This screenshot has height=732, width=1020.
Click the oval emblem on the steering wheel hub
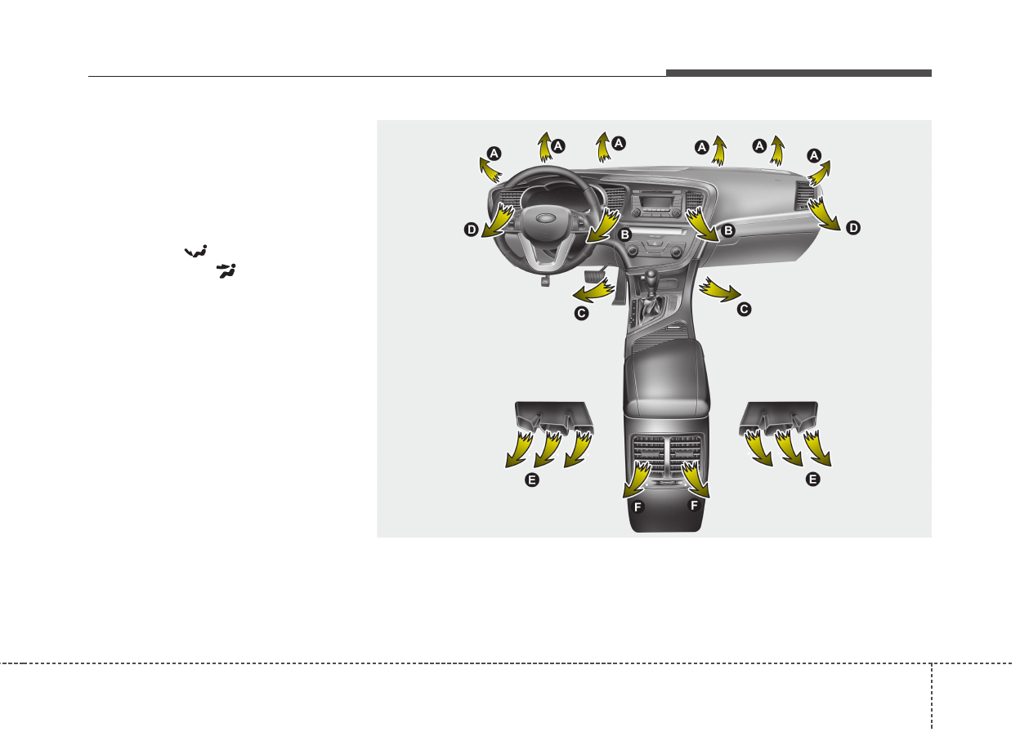(544, 218)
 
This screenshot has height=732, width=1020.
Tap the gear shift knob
(651, 276)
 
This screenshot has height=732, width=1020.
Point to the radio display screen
(652, 201)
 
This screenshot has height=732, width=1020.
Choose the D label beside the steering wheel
(472, 230)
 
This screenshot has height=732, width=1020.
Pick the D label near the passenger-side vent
(853, 228)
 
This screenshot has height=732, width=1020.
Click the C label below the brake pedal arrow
(581, 313)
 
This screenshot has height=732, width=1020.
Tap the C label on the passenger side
(744, 310)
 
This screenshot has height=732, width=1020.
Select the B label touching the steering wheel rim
(624, 234)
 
